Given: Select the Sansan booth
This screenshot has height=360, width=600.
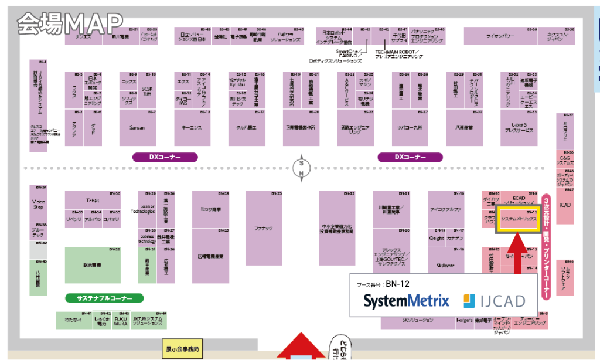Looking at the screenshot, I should pos(137,127).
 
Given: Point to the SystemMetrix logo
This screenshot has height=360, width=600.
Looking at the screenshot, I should pos(406,301).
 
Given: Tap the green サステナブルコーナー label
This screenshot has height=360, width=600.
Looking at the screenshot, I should pos(104,298).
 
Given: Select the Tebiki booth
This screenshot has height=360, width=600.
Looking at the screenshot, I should pos(93,200).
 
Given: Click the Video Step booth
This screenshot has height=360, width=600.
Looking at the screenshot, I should pos(38,204).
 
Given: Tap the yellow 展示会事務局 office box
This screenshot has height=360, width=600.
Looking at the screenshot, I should pos(182,349).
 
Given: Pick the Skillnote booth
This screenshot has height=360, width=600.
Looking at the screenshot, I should pos(446,264).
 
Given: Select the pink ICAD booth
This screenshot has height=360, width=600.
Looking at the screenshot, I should pos(565,205).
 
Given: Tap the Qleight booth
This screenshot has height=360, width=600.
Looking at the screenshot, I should pos(437,239).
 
